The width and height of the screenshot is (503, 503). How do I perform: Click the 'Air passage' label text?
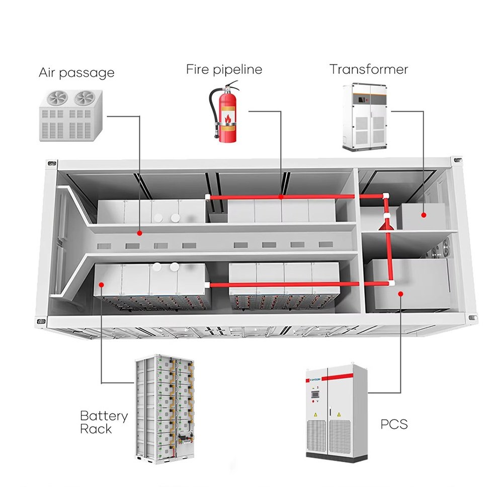pyautogui.click(x=76, y=73)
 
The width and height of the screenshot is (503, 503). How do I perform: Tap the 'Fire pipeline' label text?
pyautogui.click(x=224, y=69)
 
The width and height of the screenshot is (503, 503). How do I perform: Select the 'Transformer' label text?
pyautogui.click(x=369, y=69)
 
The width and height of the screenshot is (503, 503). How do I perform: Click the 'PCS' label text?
pyautogui.click(x=394, y=424)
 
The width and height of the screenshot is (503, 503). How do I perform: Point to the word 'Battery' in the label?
pyautogui.click(x=104, y=416)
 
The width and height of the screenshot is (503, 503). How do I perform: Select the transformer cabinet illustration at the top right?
pyautogui.click(x=366, y=117)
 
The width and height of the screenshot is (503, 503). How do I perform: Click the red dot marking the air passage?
pyautogui.click(x=140, y=233)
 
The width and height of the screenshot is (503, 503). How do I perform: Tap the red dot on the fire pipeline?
pyautogui.click(x=281, y=197)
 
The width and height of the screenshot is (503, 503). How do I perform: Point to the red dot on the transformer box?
pyautogui.click(x=424, y=215)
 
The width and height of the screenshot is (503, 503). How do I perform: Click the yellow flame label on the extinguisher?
pyautogui.click(x=228, y=119)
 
